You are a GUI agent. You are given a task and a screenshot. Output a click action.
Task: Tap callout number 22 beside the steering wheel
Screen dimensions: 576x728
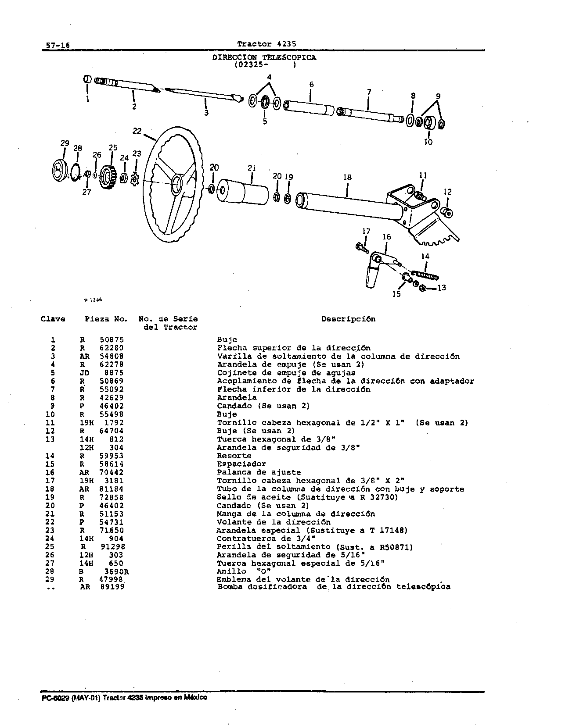click(137, 131)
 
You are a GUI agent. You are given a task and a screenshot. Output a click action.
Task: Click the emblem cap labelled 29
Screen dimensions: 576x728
click(59, 171)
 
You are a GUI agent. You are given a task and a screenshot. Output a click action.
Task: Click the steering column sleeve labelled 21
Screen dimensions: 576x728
click(244, 191)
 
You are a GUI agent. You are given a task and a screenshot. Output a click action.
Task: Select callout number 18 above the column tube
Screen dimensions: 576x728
click(347, 177)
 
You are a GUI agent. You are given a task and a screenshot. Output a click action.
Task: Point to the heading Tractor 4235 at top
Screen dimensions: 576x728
click(266, 43)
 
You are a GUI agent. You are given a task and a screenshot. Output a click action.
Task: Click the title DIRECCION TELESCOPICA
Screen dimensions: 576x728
click(264, 57)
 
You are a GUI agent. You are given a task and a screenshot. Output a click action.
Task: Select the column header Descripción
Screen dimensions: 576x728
click(348, 319)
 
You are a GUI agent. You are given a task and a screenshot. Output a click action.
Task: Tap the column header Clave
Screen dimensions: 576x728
click(53, 319)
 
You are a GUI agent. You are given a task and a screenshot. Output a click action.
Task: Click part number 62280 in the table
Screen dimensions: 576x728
click(112, 348)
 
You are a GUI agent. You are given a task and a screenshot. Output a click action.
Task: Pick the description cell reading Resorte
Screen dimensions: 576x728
click(234, 456)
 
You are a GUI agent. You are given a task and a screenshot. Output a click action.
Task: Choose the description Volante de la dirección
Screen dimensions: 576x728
click(274, 522)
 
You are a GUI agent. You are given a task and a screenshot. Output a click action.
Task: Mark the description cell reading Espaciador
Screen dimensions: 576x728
click(241, 464)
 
